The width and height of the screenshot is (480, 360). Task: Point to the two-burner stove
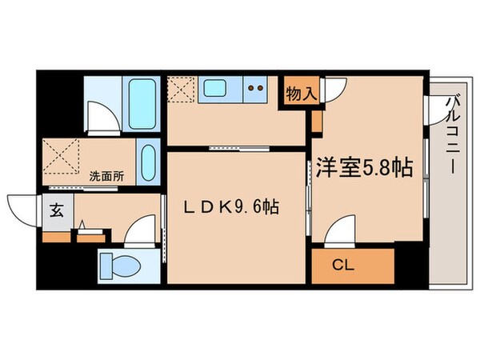pyautogui.click(x=257, y=87)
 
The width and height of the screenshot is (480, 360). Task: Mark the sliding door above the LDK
pyautogui.click(x=235, y=148)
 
